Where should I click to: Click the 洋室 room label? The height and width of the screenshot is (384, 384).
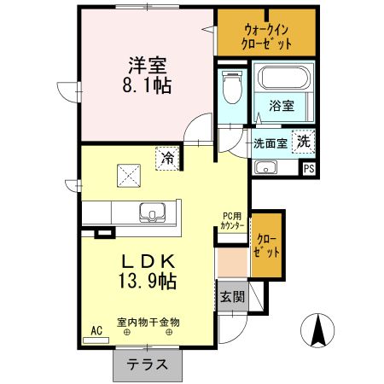(147, 63)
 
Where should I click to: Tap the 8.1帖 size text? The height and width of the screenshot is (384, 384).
(147, 85)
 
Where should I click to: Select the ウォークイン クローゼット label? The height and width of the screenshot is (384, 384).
(266, 35)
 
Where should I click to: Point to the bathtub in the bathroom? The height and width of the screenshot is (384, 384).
(284, 81)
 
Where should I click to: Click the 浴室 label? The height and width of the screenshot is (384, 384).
(282, 107)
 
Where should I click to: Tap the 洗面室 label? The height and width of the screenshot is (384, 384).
(270, 143)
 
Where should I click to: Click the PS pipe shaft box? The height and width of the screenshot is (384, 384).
(309, 167)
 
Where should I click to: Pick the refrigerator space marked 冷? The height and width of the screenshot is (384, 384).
(168, 157)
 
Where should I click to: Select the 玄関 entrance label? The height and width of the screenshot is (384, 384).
(230, 297)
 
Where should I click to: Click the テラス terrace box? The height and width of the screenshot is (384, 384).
(147, 364)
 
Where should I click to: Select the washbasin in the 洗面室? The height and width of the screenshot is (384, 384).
(266, 166)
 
